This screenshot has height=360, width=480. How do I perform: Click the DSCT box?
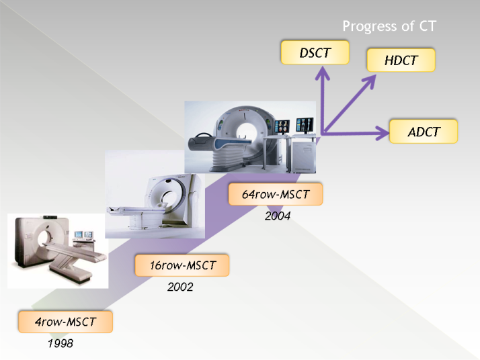tap(315, 52)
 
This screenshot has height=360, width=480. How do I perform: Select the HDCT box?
tap(401, 60)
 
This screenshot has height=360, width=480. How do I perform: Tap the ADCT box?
tap(424, 132)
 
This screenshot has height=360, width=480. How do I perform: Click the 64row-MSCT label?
tap(276, 194)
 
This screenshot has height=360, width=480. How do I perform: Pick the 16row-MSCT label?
tap(182, 265)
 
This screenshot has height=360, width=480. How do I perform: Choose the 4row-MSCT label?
tap(65, 322)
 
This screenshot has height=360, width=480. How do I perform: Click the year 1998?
tap(61, 343)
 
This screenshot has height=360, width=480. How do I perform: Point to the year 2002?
tap(180, 287)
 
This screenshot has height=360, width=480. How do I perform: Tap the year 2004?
tap(278, 216)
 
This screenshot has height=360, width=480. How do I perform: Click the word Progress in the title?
tap(370, 26)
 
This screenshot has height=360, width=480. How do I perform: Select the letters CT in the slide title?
tap(428, 26)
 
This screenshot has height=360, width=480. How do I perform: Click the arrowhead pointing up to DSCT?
tap(322, 73)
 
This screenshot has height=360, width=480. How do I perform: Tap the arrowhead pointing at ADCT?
tap(383, 133)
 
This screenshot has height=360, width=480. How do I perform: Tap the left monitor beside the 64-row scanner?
tap(282, 126)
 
